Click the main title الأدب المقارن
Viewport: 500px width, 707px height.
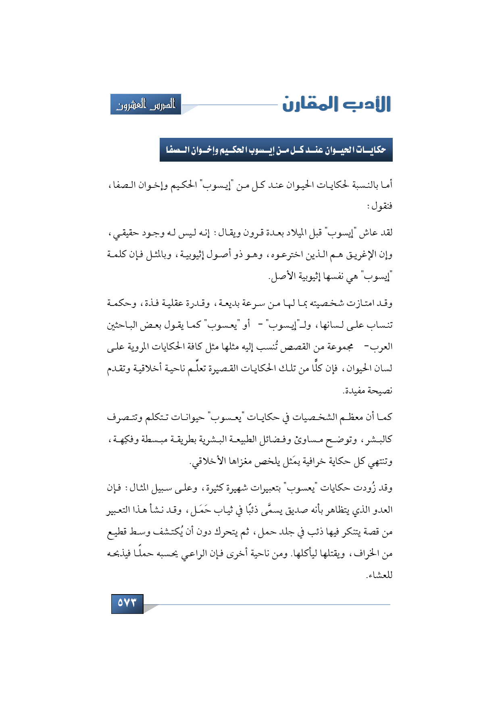pos(336,104)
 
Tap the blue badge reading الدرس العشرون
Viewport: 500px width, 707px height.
pos(146,105)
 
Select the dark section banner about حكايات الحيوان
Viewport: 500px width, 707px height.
pos(276,150)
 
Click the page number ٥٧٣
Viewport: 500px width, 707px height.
pos(127,603)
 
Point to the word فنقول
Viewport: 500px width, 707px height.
pos(379,206)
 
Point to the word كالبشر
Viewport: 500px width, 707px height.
pos(377,439)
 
